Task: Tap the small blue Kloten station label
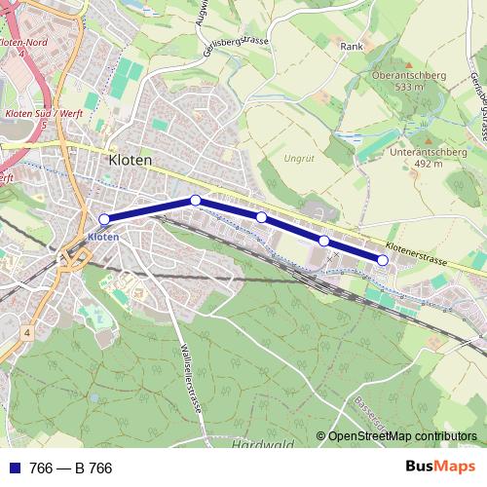(x=102, y=237)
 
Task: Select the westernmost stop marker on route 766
(x=104, y=219)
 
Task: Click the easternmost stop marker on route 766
(x=383, y=260)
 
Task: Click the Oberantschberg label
(x=407, y=74)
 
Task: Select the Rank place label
(x=351, y=46)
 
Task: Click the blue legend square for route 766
(x=17, y=468)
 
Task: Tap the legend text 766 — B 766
(x=72, y=468)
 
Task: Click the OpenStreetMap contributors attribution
(x=402, y=436)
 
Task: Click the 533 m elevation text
(x=408, y=87)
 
